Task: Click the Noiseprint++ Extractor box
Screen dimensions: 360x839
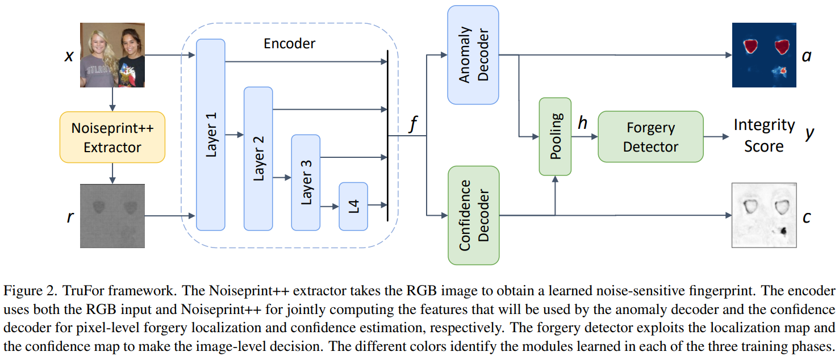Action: (112, 137)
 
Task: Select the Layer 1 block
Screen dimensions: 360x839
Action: (211, 135)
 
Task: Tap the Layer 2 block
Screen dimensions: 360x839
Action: (258, 158)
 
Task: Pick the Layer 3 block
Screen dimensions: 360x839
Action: (306, 182)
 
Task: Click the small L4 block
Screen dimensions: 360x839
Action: (353, 206)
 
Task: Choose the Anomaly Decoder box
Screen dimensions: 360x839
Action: (473, 55)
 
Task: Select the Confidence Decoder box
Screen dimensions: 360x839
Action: (473, 215)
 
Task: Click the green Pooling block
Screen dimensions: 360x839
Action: (555, 136)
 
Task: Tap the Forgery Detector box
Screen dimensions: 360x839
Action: (650, 137)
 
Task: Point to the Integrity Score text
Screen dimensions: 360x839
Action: (763, 135)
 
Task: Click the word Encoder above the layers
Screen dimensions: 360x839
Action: (289, 43)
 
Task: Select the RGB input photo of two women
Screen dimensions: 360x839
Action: (112, 55)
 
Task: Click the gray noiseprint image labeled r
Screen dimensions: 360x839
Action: (112, 216)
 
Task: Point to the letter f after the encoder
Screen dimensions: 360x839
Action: (413, 124)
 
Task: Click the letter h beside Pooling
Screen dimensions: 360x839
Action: (582, 123)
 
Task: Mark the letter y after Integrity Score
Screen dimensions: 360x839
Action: (810, 135)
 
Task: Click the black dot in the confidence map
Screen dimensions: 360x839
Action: (783, 231)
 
